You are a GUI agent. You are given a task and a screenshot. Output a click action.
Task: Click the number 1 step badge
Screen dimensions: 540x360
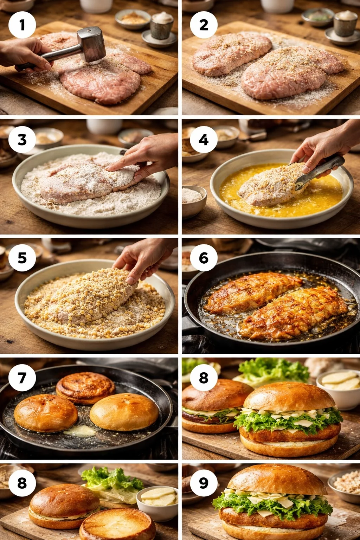tap(22, 25)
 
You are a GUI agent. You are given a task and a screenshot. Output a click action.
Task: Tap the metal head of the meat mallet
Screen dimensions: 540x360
tap(92, 45)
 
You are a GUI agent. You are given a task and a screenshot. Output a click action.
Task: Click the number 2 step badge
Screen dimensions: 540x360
tap(204, 25)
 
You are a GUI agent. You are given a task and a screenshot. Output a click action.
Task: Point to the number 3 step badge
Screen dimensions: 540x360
tap(22, 140)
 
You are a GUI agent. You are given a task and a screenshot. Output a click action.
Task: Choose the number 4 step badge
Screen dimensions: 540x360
tap(204, 140)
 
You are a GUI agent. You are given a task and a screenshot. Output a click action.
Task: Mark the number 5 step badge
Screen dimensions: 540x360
tap(22, 258)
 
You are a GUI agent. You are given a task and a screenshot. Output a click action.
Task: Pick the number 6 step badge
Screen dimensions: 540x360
tap(204, 258)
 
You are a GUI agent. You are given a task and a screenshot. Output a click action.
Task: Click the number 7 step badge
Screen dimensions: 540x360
tap(22, 378)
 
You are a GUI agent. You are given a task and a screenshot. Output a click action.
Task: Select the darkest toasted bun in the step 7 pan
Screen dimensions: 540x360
tap(85, 387)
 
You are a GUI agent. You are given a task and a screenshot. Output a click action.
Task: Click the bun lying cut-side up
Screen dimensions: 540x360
tap(118, 524)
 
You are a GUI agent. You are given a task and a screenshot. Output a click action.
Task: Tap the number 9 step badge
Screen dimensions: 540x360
tap(204, 483)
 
